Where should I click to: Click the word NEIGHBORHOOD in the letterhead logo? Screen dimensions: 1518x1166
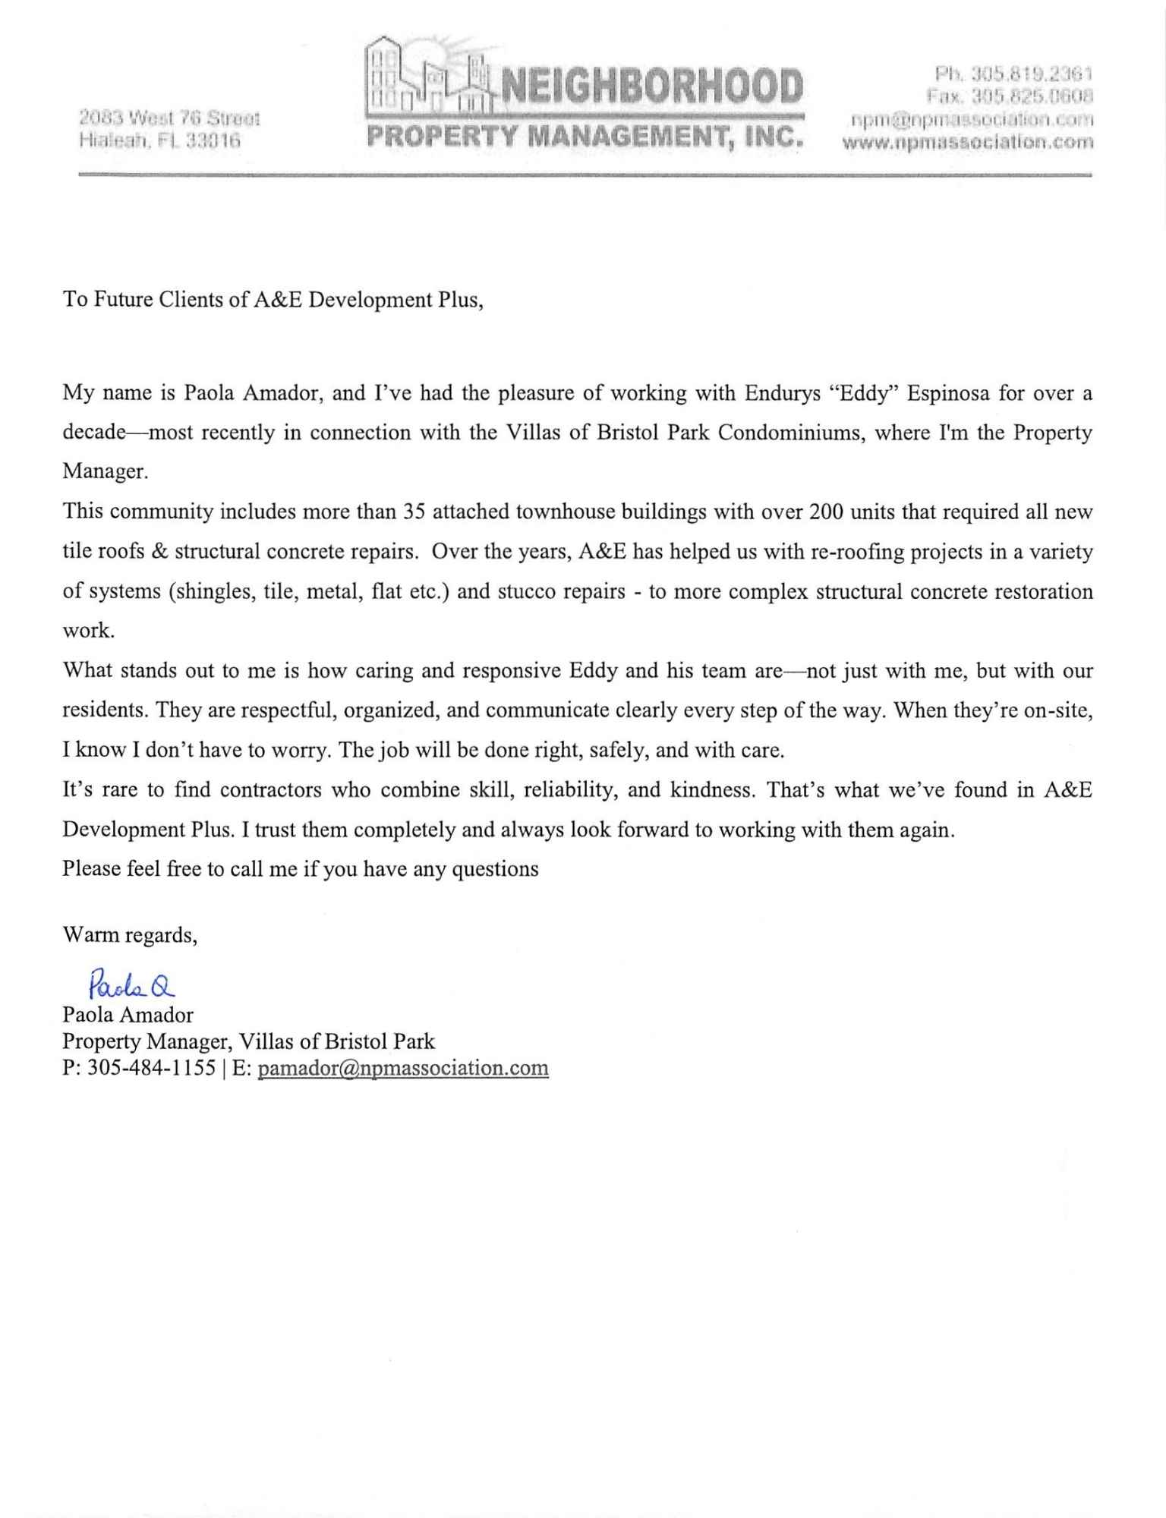click(648, 86)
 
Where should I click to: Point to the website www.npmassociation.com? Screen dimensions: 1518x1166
click(968, 141)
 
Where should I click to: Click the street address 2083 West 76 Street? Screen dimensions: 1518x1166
click(169, 118)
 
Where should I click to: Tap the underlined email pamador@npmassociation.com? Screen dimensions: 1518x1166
click(403, 1068)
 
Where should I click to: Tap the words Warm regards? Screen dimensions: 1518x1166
click(130, 935)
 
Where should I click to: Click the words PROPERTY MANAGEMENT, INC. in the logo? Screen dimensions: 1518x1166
click(585, 137)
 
